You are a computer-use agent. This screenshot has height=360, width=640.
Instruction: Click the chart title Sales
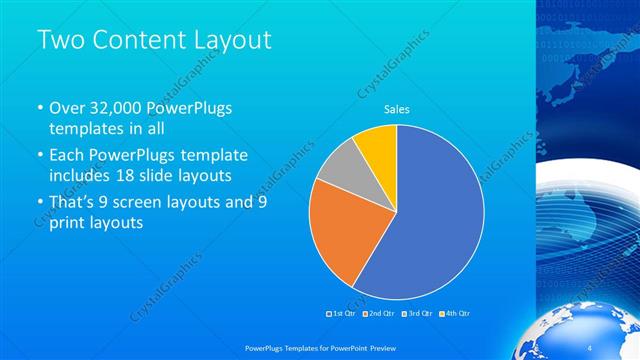(397, 110)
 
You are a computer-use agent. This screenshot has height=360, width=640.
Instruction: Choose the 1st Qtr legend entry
(345, 313)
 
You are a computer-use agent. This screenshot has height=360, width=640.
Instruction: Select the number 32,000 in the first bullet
(115, 108)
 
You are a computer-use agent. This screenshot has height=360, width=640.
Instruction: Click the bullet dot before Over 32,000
(39, 108)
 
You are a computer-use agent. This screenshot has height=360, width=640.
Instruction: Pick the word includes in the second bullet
(82, 176)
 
